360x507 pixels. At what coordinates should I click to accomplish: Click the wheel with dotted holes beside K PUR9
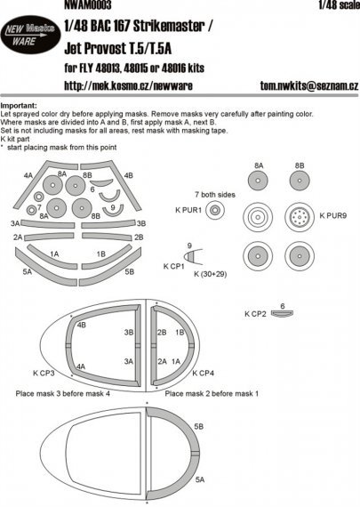tap(303, 214)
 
